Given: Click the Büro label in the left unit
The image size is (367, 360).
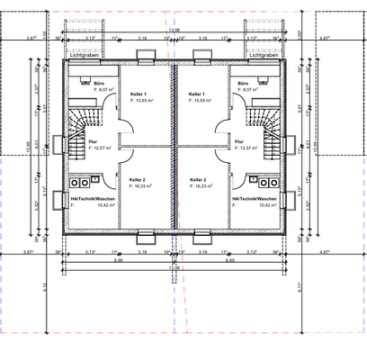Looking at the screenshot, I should point(98,83).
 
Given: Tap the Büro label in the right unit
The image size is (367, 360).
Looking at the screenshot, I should point(244,83).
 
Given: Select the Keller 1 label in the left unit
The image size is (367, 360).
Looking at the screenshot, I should point(139,94).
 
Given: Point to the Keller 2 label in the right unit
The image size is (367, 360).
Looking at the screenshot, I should point(198,179).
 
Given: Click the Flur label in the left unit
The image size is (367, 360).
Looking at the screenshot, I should point(94,140).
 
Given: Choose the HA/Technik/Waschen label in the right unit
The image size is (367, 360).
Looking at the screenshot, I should point(255,199).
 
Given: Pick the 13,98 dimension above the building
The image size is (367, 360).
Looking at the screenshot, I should point(175,30).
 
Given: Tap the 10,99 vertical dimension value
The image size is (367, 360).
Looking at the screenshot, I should point(28,144).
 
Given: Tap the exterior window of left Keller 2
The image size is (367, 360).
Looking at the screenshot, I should point(143,238).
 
